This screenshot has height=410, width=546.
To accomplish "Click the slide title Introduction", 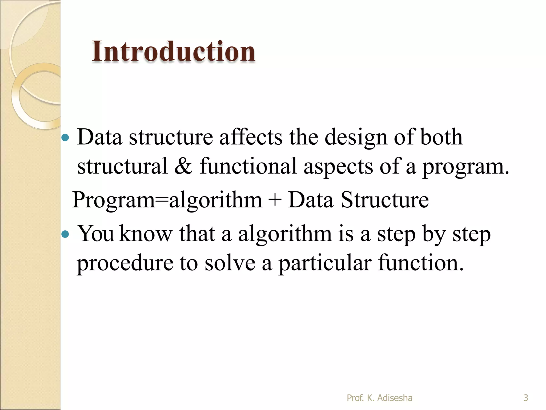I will point(173,51).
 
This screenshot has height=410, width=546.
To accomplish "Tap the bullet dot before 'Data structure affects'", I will point(65,138).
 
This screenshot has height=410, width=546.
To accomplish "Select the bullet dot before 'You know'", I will point(65,234).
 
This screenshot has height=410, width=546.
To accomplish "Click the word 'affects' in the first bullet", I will point(251,137).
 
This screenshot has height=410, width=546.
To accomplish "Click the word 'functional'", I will point(248,166).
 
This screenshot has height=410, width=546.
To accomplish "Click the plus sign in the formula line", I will point(275,200).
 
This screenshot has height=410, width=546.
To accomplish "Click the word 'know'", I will point(146,234).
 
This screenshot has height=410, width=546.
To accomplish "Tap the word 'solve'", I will point(230,263).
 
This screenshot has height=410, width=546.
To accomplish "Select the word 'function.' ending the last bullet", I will point(421,263).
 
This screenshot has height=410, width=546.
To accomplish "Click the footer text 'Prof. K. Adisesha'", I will point(379,398).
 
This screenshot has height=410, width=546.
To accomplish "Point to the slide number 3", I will point(525,398).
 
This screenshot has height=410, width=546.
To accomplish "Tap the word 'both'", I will point(441,137).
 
